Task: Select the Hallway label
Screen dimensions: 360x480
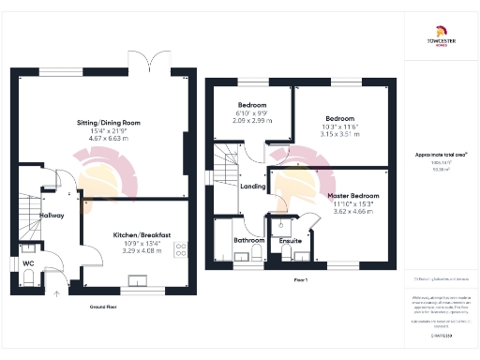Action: click(38, 216)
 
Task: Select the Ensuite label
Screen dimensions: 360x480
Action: click(291, 241)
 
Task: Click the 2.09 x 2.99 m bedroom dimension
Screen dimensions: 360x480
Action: click(253, 121)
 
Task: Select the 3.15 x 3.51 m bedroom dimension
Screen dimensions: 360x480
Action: click(341, 134)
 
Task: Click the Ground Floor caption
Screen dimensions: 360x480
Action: click(103, 307)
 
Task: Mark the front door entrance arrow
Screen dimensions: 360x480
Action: click(56, 292)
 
